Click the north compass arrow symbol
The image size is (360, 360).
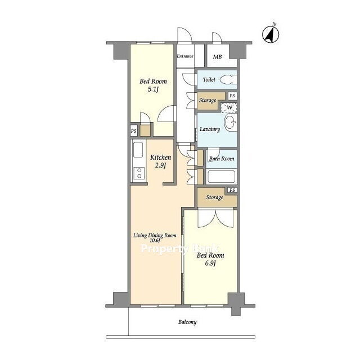[271, 34]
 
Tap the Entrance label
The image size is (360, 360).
[185, 56]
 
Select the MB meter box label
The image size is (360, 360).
[217, 56]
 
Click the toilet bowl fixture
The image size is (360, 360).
[228, 80]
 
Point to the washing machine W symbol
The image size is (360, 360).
[229, 107]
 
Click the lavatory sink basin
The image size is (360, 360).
[231, 123]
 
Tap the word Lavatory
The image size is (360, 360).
[210, 129]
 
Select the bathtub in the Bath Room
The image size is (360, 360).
[221, 177]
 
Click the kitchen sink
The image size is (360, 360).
[138, 150]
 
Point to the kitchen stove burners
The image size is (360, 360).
[139, 173]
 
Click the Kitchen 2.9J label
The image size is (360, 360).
[160, 161]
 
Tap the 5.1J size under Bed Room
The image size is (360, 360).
[153, 89]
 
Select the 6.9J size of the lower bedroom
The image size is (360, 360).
[210, 263]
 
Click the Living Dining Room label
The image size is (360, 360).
[155, 235]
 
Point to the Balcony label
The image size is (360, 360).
[187, 322]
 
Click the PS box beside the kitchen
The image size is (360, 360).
[134, 131]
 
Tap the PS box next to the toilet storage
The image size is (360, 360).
[232, 96]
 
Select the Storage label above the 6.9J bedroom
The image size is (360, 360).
[215, 197]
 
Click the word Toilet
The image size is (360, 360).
[209, 80]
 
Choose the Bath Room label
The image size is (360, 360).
[222, 159]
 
